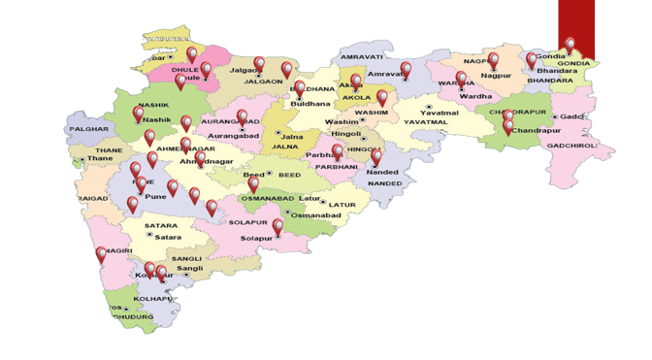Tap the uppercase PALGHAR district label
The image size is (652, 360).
point(89,128)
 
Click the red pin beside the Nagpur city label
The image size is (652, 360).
point(493,61)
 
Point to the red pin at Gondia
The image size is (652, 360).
point(570,45)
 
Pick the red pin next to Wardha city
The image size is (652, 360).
point(462,80)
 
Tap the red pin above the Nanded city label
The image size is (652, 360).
point(376,157)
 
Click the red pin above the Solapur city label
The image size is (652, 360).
point(277,227)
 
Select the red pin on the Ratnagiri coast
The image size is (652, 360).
point(102,255)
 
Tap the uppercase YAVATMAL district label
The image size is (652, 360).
point(426,123)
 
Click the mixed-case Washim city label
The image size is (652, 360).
point(342,122)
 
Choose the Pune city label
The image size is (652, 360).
point(155,197)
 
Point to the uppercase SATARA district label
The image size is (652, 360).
point(161,226)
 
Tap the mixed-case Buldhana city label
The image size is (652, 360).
point(310,102)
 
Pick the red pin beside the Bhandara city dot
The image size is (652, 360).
point(532,60)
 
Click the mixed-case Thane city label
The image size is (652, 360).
point(102,159)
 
